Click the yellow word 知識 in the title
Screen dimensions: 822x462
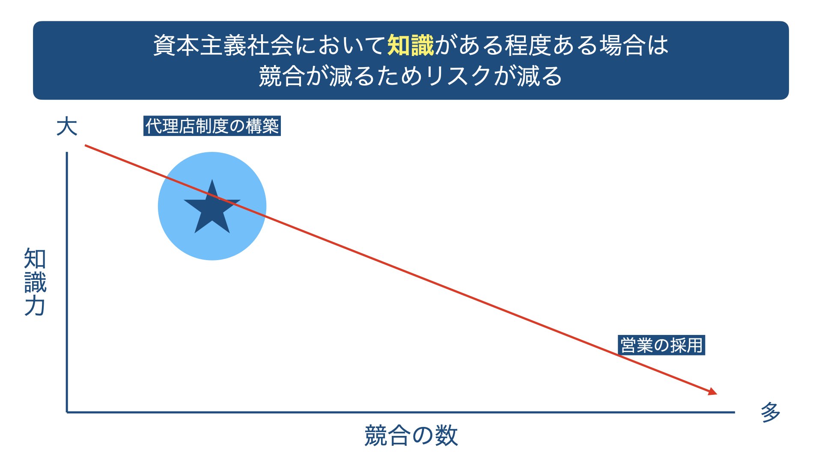[x=411, y=45]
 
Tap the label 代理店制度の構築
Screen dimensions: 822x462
[x=212, y=126]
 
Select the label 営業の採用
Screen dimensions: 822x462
[x=661, y=345]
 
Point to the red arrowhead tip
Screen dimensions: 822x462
[x=717, y=394]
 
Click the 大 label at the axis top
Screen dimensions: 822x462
[x=67, y=127]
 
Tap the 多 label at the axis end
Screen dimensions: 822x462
[x=770, y=412]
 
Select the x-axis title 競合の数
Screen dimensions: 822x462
[x=411, y=436]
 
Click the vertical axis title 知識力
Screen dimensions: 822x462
[x=35, y=282]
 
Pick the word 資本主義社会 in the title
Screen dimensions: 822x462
[x=223, y=45]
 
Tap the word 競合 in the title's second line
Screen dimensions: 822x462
[x=282, y=76]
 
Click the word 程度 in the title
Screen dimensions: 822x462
[x=528, y=45]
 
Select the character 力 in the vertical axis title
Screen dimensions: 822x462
[x=35, y=306]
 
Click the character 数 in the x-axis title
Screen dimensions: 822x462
[x=447, y=436]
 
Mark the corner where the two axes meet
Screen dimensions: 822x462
[x=67, y=412]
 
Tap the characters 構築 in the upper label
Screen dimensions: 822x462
[x=262, y=126]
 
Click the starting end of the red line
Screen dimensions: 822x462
[x=85, y=145]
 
